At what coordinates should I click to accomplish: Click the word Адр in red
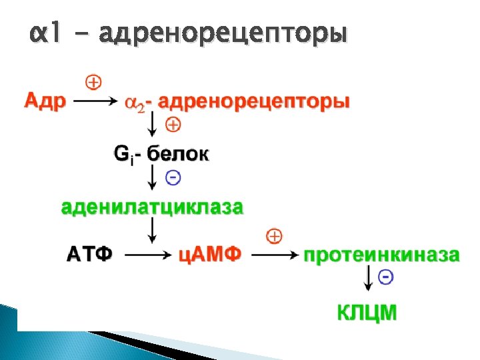(x=45, y=101)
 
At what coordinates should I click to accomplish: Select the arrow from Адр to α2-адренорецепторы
(x=93, y=102)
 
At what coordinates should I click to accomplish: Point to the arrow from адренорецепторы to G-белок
(x=153, y=125)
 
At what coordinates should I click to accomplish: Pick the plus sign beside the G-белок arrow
(x=172, y=125)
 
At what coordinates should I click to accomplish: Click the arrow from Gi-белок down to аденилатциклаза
(x=153, y=178)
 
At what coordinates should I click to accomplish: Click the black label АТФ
(x=89, y=254)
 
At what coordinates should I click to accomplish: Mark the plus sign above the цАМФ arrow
(x=274, y=235)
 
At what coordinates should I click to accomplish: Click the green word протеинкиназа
(x=381, y=255)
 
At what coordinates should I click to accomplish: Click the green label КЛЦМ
(x=367, y=311)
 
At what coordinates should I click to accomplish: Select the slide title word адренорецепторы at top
(x=222, y=33)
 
